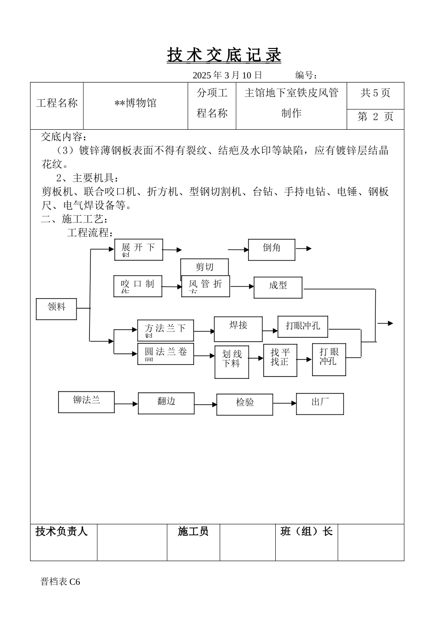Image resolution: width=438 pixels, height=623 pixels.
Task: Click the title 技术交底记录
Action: point(224,55)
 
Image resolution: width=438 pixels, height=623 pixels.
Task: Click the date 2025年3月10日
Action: point(227,75)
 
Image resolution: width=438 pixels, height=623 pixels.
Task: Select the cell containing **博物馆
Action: point(136,103)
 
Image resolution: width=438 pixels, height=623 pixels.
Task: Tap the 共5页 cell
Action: point(375,93)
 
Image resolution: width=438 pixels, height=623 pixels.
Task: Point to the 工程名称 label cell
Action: point(57,103)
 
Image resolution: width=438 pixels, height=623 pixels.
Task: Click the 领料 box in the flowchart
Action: point(56,309)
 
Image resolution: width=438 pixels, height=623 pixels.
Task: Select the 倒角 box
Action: point(272,250)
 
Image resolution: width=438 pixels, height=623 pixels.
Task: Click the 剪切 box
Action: point(205,267)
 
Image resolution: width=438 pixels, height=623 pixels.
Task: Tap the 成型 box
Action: point(278,287)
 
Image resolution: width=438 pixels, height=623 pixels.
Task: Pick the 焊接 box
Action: point(238,329)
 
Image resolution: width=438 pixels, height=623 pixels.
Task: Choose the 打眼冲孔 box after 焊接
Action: point(302,326)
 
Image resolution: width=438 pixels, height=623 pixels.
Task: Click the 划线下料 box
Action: point(231,362)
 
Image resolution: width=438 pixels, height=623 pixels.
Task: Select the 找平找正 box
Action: point(280,360)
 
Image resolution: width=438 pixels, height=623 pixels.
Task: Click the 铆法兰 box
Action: point(86,401)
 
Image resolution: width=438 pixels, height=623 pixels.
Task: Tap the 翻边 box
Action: point(166,403)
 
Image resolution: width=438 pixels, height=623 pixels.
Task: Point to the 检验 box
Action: point(245,404)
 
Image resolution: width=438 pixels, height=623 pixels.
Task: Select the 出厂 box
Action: point(320,403)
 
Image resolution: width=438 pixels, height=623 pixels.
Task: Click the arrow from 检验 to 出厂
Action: point(284,403)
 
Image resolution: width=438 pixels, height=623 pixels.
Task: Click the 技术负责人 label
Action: point(61,532)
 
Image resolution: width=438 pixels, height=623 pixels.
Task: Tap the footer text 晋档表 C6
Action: point(60,582)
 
